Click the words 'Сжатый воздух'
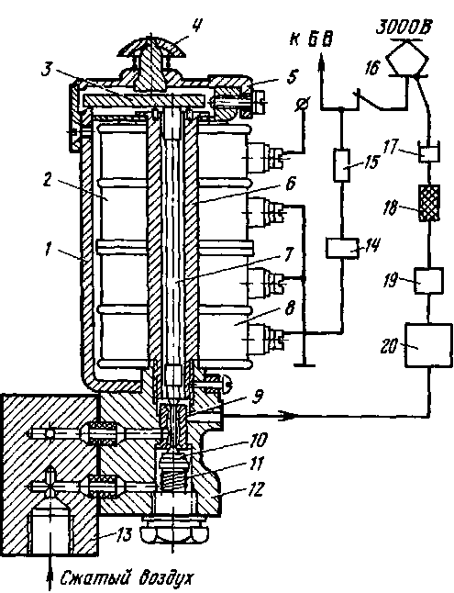(127, 577)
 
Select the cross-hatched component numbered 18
(430, 203)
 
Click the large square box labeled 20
(428, 345)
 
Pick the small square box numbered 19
(428, 280)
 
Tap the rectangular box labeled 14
(342, 248)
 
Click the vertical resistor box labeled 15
(342, 164)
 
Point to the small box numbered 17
(428, 154)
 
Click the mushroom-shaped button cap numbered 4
(150, 46)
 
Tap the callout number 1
(48, 251)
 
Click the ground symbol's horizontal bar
(304, 365)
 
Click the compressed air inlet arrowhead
(50, 581)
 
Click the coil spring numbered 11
(172, 472)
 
